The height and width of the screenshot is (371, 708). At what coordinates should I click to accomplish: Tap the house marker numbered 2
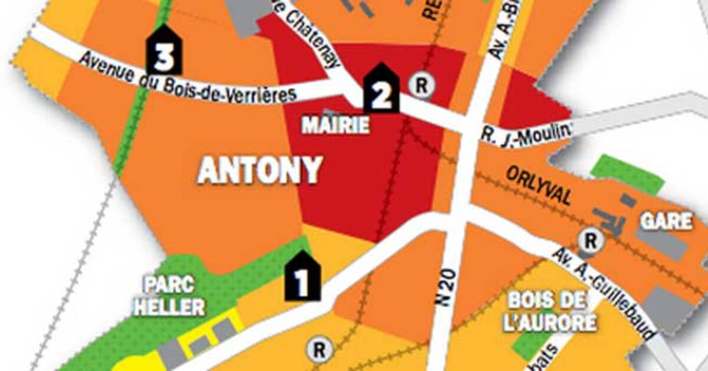[x=381, y=90]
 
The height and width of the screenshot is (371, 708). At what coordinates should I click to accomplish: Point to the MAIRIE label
[x=335, y=125]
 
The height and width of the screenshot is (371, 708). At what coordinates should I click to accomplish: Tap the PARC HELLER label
[x=169, y=296]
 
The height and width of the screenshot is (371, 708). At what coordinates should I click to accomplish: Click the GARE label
[x=667, y=222]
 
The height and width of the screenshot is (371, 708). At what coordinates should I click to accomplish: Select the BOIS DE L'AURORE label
[x=552, y=311]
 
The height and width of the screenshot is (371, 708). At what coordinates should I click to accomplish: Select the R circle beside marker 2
[x=422, y=85]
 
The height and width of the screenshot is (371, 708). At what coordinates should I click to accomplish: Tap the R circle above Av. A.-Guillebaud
[x=589, y=241]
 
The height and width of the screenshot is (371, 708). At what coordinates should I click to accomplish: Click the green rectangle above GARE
[x=627, y=173]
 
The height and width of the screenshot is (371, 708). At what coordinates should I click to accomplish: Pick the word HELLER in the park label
[x=169, y=307]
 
